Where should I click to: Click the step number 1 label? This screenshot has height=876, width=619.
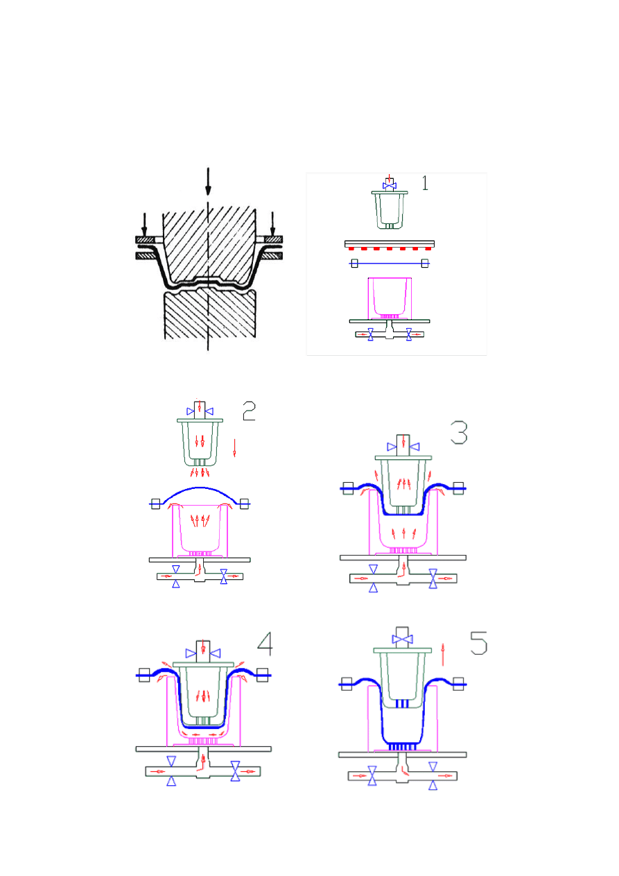[x=425, y=183]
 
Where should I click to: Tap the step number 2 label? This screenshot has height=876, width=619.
[x=249, y=411]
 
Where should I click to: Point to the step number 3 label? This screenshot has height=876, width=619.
[x=459, y=433]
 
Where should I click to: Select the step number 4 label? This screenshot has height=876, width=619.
[x=265, y=644]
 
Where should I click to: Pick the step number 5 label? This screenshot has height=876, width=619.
[x=478, y=644]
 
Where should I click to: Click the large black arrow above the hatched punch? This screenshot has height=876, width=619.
[x=208, y=182]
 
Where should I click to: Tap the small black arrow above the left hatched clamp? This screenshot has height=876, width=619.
[x=145, y=225]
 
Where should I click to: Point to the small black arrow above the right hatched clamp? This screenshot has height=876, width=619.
[x=272, y=224]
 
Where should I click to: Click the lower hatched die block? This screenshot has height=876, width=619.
[x=210, y=314]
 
